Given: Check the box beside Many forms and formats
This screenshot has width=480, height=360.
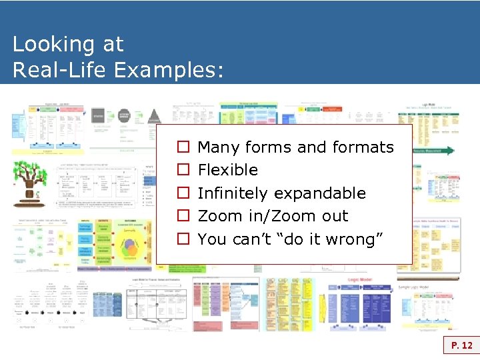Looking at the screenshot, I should tap(181, 147).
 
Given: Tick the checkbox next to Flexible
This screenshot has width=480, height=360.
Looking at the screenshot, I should tap(181, 170).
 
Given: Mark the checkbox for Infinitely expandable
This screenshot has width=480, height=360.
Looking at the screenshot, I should tap(181, 193).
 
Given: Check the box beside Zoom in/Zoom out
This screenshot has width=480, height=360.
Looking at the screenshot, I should tap(181, 216).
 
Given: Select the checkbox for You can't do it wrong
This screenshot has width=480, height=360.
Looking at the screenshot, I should tap(181, 239).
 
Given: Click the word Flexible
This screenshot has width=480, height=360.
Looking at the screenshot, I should tap(228, 170).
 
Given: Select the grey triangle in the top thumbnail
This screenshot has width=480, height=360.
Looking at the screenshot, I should tap(154, 117).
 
